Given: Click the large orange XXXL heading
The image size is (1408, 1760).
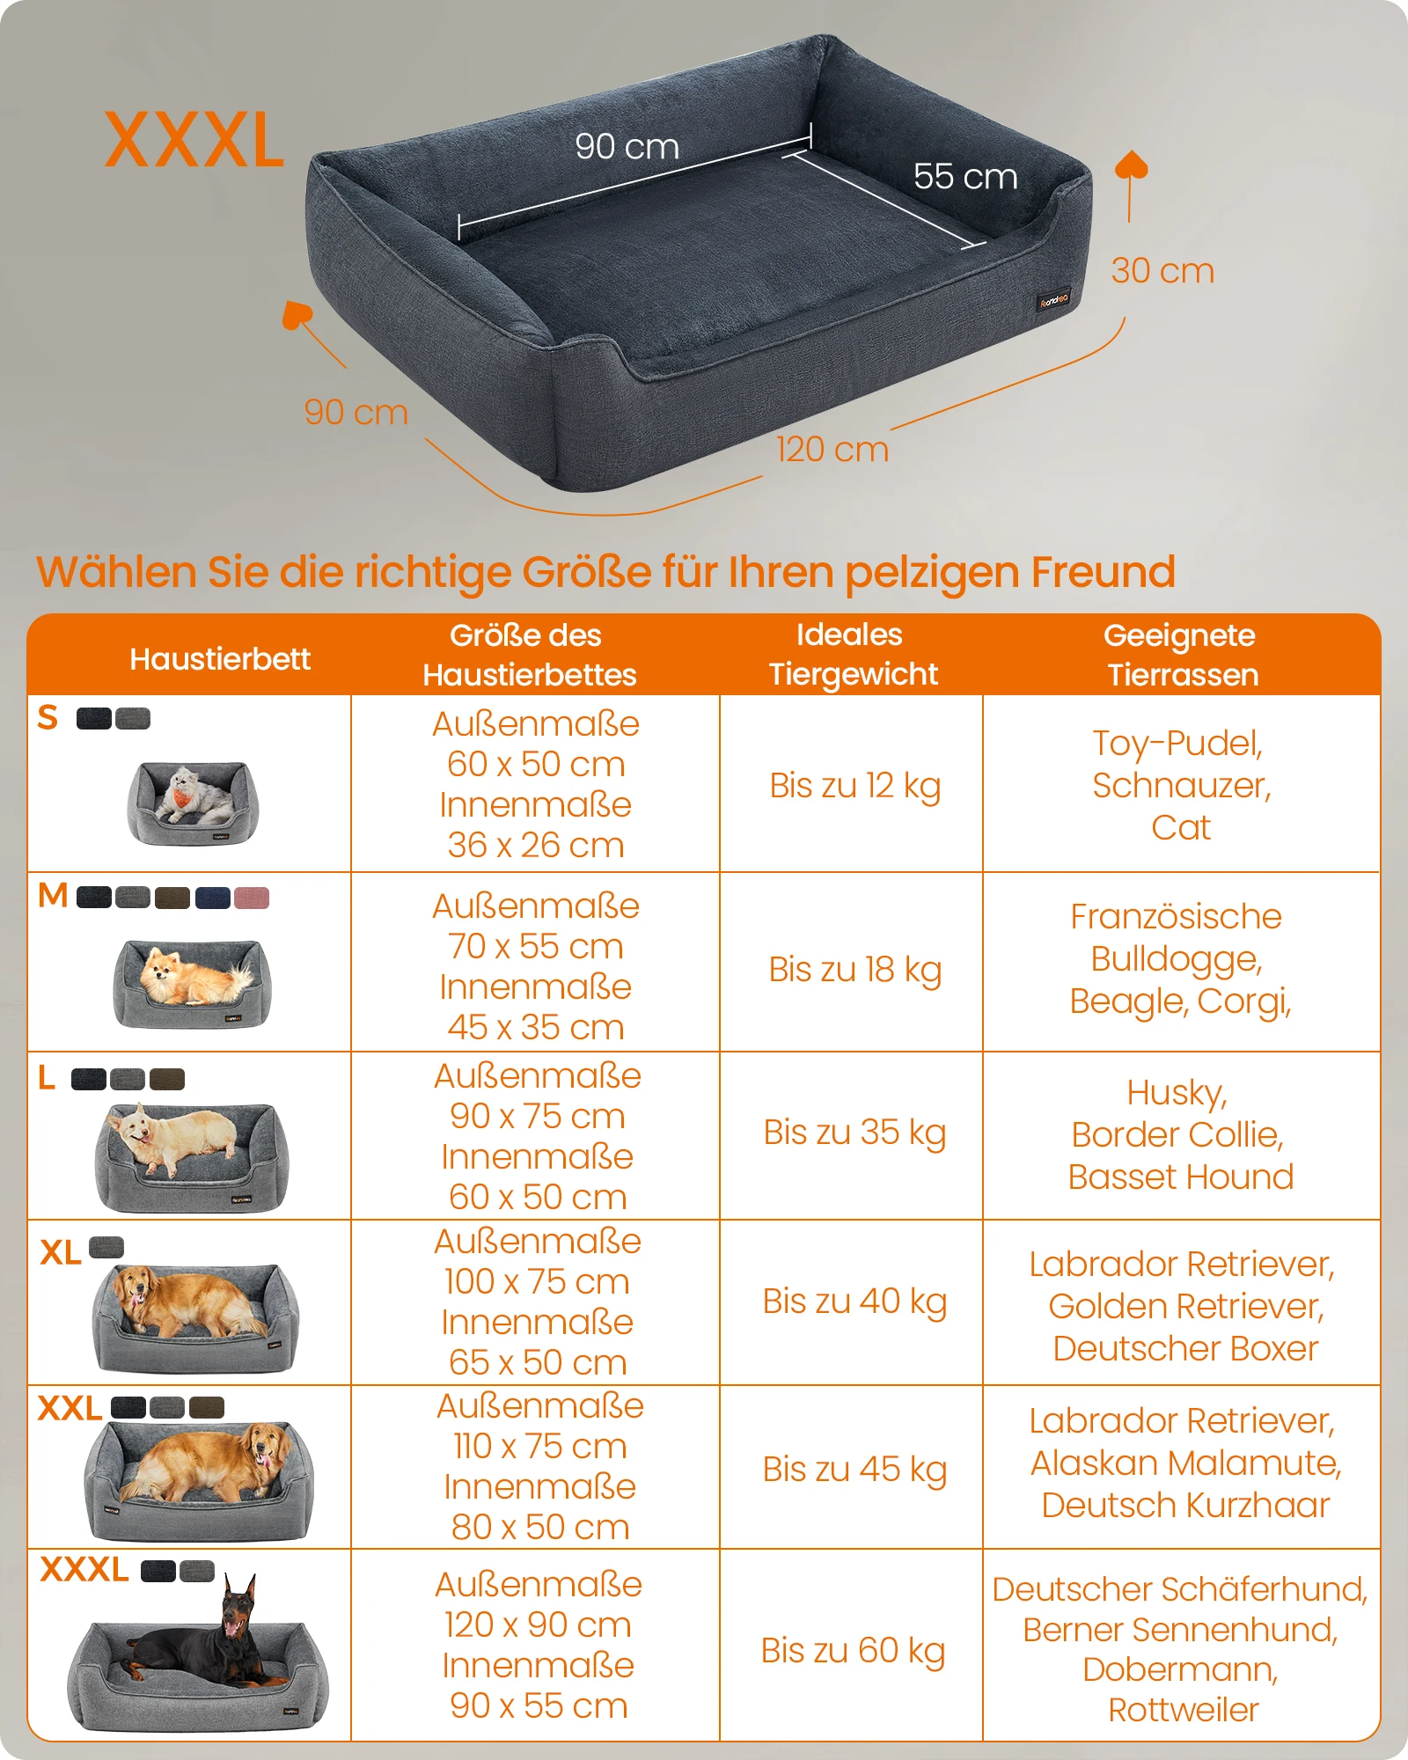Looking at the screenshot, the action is pyautogui.click(x=194, y=140).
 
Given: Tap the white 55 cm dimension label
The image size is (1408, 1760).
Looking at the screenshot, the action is pyautogui.click(x=965, y=176).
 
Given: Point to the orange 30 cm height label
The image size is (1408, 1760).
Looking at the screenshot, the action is pyautogui.click(x=1162, y=271).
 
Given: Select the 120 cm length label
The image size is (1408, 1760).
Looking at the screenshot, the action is pyautogui.click(x=832, y=450).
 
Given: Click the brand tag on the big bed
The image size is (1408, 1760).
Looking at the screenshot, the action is pyautogui.click(x=1053, y=300).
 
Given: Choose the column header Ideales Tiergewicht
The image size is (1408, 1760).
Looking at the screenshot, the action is pyautogui.click(x=853, y=654).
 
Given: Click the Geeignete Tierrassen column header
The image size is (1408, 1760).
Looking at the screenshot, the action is pyautogui.click(x=1181, y=655).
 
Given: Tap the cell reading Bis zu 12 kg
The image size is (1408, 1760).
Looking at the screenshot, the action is pyautogui.click(x=854, y=786).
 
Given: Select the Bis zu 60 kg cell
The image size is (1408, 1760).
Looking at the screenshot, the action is pyautogui.click(x=853, y=1651).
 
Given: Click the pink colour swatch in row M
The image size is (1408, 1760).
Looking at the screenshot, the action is pyautogui.click(x=252, y=898).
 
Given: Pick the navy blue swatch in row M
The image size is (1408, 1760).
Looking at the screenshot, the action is pyautogui.click(x=212, y=898).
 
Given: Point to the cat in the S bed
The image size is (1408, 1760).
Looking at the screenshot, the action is pyautogui.click(x=196, y=795).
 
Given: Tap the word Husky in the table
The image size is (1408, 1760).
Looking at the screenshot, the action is pyautogui.click(x=1177, y=1094).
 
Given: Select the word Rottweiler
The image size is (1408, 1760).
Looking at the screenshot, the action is pyautogui.click(x=1183, y=1710).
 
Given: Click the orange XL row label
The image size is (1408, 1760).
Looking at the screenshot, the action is pyautogui.click(x=60, y=1252).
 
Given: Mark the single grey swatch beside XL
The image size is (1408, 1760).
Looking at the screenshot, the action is pyautogui.click(x=106, y=1247).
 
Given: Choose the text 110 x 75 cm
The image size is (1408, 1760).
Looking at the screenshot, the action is pyautogui.click(x=540, y=1446).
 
